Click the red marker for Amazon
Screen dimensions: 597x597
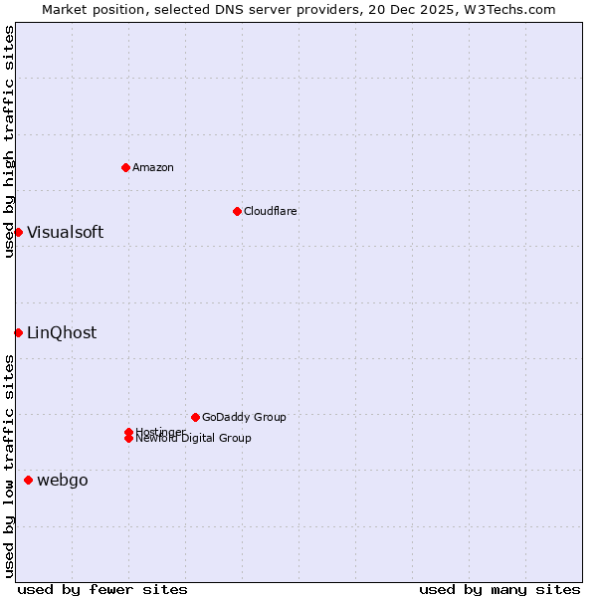(125, 167)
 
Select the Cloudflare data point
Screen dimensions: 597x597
(237, 211)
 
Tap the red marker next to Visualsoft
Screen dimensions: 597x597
(18, 232)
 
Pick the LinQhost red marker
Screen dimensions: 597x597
(18, 332)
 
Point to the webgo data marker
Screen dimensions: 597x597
(28, 481)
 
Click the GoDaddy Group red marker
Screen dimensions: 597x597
(195, 417)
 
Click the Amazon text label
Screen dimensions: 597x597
(153, 167)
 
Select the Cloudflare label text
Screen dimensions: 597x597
(271, 211)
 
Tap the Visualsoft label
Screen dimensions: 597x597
(65, 233)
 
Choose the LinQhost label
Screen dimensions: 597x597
(62, 333)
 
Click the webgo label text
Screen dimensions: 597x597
(63, 481)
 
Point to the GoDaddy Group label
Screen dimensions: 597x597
(244, 417)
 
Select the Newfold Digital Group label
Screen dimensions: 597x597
(194, 439)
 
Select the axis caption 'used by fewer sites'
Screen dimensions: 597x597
(102, 589)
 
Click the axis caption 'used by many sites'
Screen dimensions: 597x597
(499, 589)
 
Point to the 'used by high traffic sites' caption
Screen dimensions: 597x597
(9, 141)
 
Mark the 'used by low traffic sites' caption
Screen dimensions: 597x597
(9, 465)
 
